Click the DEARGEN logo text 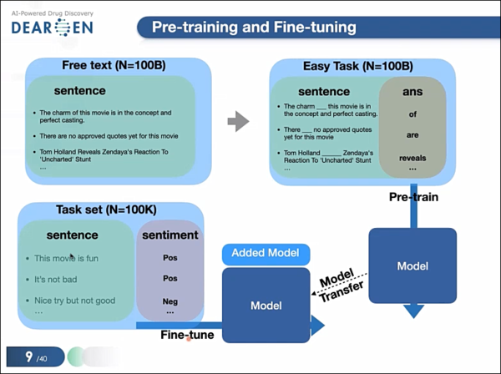[52, 28]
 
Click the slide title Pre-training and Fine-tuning [255, 28]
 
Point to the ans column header [412, 92]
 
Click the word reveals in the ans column [412, 157]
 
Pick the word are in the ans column [412, 135]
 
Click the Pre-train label [414, 198]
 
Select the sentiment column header [170, 235]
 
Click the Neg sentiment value [170, 300]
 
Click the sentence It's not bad [52, 280]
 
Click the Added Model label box [265, 253]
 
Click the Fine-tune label [187, 335]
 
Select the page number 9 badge [33, 356]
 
